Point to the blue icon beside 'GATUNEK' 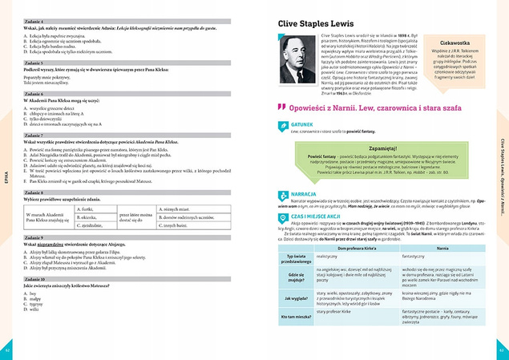tap(281, 127)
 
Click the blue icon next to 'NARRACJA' tap(281, 193)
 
